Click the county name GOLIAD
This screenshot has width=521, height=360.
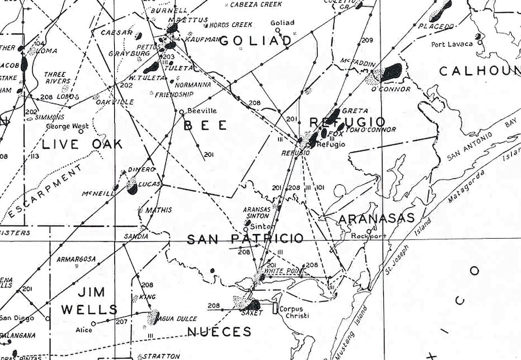coord(255,41)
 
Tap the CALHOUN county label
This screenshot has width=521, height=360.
coord(479,71)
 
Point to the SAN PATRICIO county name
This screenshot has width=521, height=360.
coord(245,239)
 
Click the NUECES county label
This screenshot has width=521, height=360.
coord(219,332)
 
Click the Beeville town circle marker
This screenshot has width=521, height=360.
coord(182,112)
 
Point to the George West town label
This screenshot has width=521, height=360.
coord(67,126)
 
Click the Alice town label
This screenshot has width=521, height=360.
coord(84,330)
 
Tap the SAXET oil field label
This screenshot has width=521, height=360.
coord(251,313)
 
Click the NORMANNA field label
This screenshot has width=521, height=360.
coord(194,85)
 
